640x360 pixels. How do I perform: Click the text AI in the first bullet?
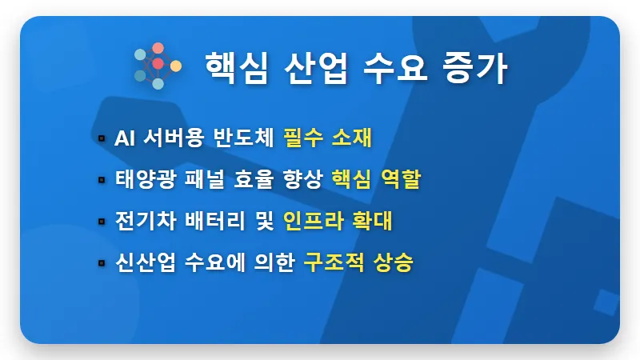click(126, 138)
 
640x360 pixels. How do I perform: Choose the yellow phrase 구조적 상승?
click(358, 263)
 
